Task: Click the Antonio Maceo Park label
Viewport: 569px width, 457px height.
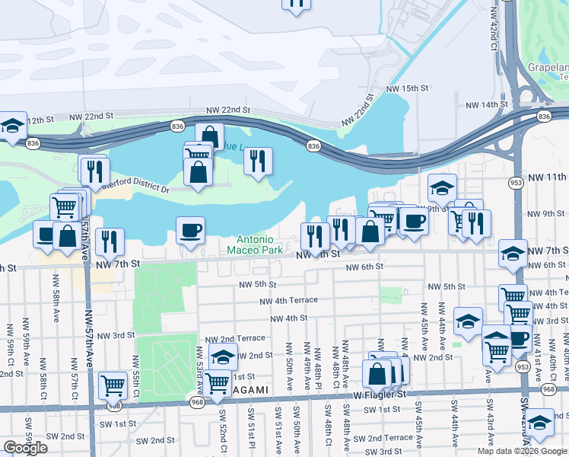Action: (x=255, y=244)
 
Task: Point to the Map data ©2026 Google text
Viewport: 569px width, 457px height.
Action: (x=520, y=451)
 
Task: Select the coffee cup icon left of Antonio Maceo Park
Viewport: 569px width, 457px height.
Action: (x=190, y=228)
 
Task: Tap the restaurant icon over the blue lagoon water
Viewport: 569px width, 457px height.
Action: (x=258, y=160)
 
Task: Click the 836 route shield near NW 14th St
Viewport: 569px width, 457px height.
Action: (x=543, y=116)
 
